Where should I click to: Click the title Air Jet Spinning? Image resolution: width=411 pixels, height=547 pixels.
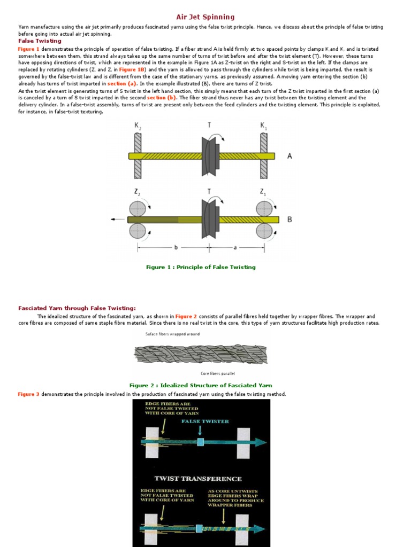(205, 17)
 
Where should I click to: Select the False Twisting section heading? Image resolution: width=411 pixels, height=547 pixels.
(40, 41)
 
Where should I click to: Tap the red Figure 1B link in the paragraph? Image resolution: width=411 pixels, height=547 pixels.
(132, 69)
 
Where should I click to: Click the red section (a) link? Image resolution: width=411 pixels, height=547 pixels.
(122, 83)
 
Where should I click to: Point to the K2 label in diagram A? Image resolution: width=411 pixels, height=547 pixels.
(138, 126)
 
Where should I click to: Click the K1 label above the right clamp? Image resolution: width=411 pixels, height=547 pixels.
(263, 126)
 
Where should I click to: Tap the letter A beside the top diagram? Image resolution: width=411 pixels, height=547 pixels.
(290, 156)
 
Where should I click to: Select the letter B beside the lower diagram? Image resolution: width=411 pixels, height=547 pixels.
(290, 219)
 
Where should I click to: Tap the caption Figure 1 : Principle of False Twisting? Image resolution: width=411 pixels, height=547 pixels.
(201, 267)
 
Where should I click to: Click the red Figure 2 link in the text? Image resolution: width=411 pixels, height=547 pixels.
(186, 316)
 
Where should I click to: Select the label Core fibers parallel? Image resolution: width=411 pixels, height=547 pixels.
(218, 373)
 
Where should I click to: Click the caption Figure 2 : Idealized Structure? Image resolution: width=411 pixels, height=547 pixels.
(201, 385)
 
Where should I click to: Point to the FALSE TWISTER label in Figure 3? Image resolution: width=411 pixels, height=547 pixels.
(205, 421)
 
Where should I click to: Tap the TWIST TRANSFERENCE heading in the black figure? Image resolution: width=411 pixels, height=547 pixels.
(198, 479)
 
